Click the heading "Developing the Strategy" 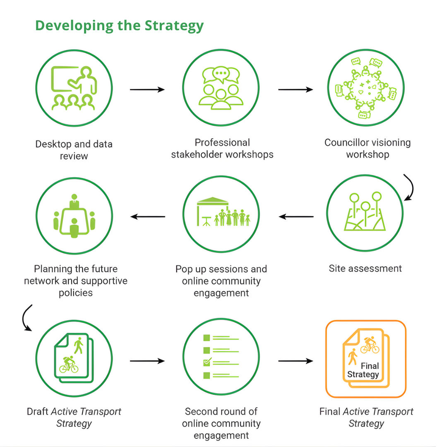[x=119, y=26]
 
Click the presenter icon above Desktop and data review [x=74, y=88]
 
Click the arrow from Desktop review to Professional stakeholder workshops [x=147, y=89]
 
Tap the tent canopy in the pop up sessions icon [x=213, y=201]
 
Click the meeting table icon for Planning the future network [x=74, y=216]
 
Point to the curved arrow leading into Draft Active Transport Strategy [x=26, y=317]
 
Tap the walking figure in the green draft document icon [x=78, y=345]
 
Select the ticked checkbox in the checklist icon [x=207, y=363]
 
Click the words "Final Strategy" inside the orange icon [x=364, y=370]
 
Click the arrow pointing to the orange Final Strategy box [x=296, y=361]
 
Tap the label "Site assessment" [x=365, y=268]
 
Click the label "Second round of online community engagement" [x=221, y=423]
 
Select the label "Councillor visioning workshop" [x=368, y=148]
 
